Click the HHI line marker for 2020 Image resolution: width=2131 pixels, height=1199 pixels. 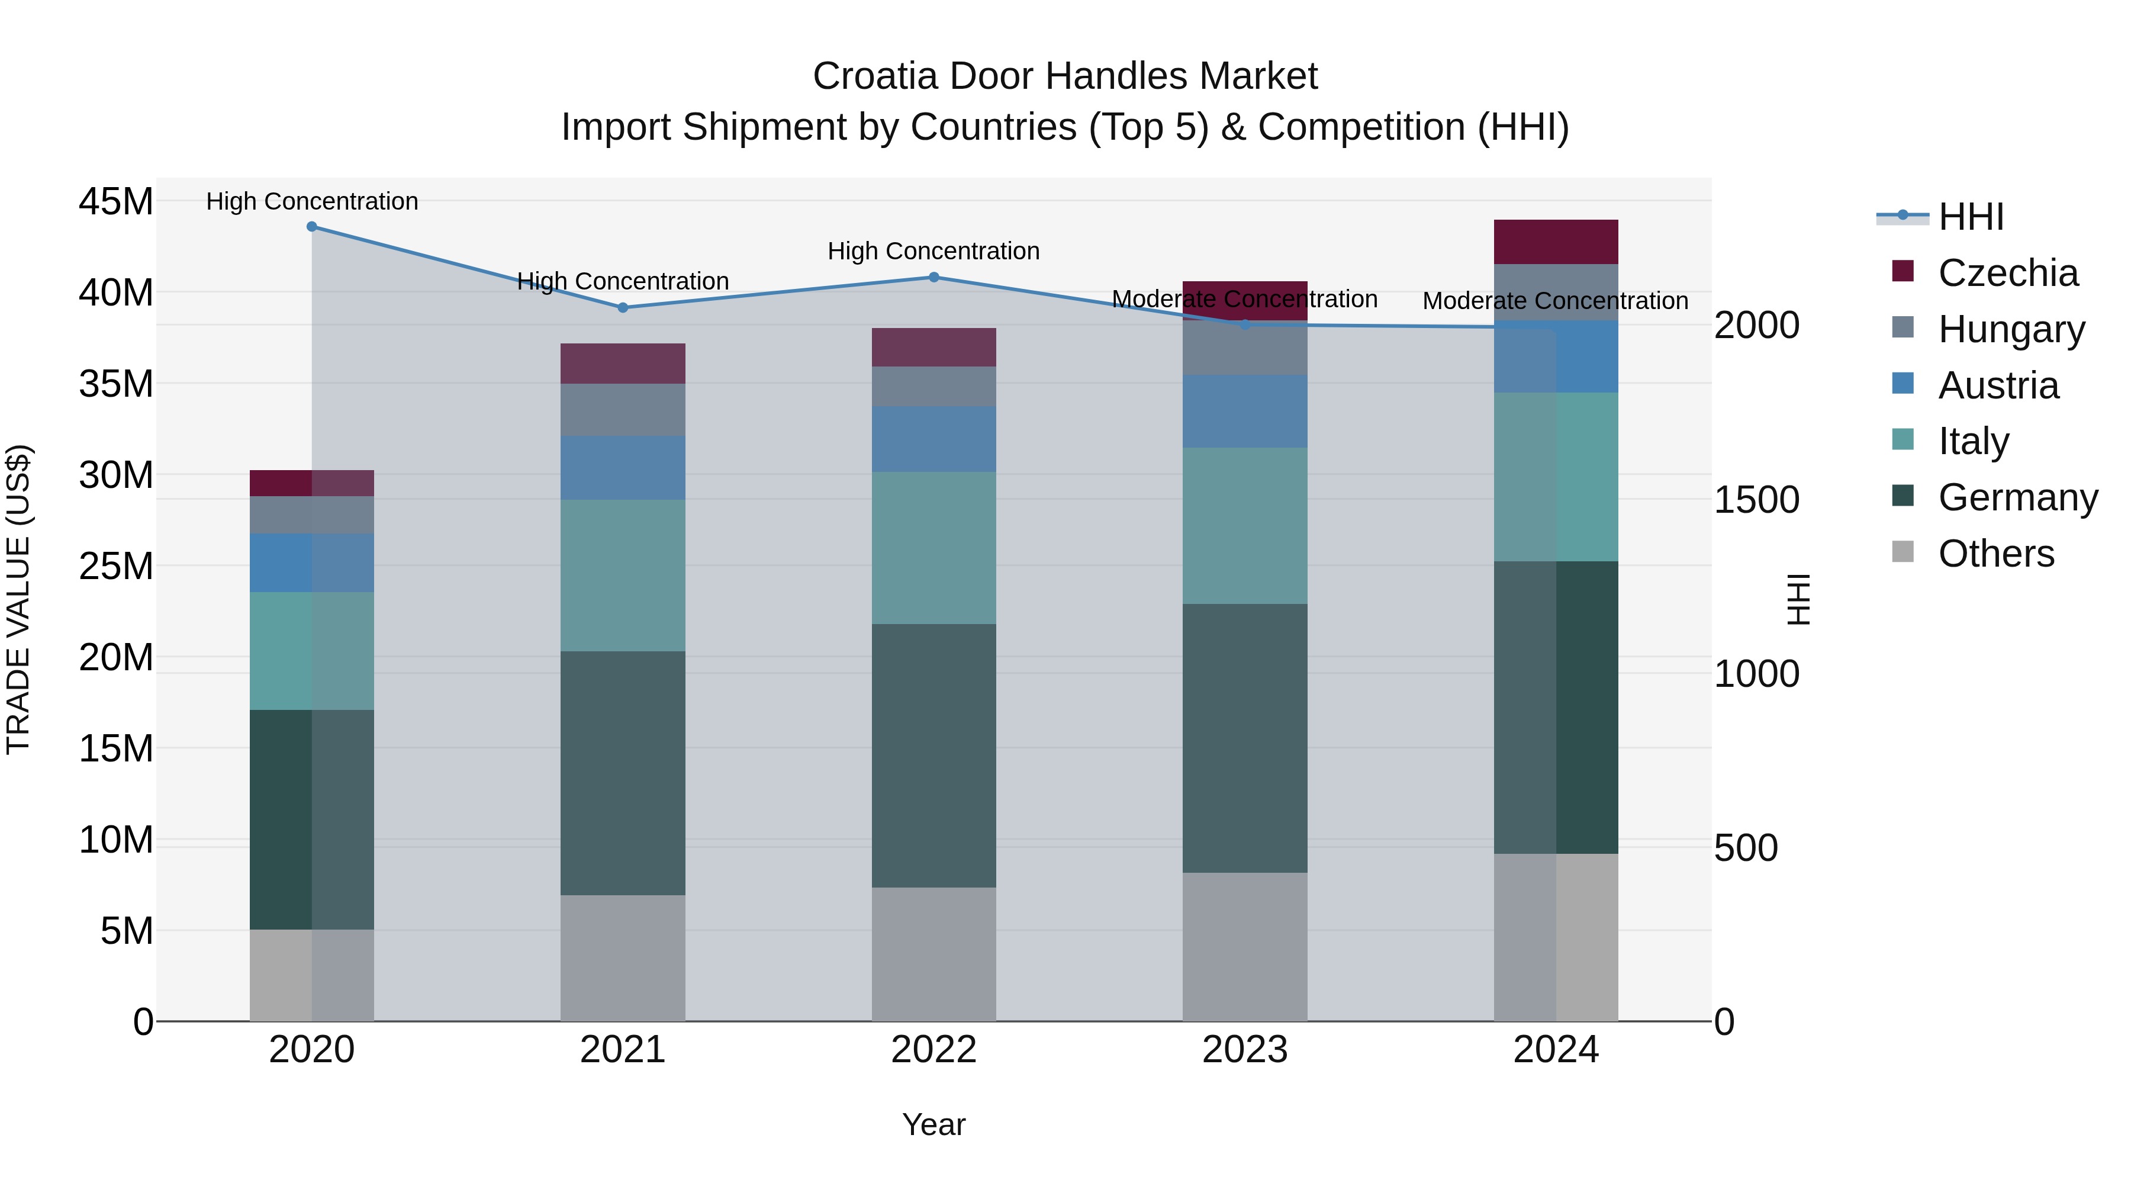click(x=312, y=227)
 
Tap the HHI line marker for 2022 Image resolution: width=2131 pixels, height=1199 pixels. click(x=934, y=277)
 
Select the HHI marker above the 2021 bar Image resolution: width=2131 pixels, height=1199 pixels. click(x=623, y=308)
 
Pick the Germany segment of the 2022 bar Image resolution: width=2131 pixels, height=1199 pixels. click(x=934, y=756)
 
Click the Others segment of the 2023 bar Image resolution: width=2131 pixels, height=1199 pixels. click(x=1244, y=947)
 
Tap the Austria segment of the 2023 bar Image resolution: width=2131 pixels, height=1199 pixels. click(x=1244, y=412)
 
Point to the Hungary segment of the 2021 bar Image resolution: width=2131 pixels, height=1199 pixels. click(x=623, y=410)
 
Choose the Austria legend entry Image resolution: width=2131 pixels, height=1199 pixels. click(x=1998, y=385)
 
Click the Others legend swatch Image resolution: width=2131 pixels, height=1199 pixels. click(x=1903, y=552)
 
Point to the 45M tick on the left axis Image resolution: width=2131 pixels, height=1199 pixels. click(x=116, y=202)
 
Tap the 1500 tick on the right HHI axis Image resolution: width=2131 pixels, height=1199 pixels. click(x=1756, y=500)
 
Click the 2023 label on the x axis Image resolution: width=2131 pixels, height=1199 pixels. click(x=1244, y=1050)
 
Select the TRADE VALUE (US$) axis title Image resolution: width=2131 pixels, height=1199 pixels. click(x=18, y=599)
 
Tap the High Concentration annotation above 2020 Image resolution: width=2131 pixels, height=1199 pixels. click(x=312, y=201)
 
